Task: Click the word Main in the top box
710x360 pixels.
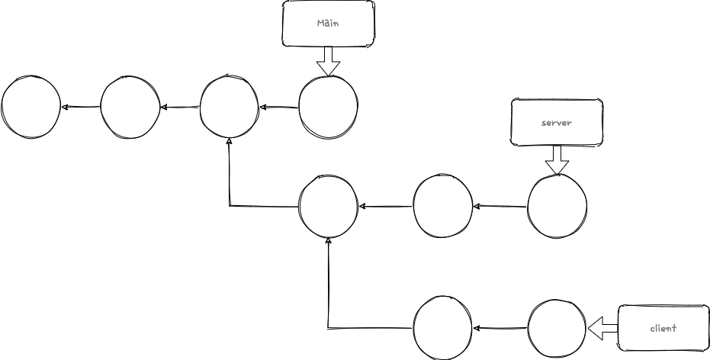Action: pos(328,24)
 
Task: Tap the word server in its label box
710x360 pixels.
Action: pos(556,122)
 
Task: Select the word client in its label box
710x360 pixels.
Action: pos(663,329)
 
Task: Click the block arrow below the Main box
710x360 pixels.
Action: pos(328,60)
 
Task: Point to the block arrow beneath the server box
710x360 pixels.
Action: pos(557,159)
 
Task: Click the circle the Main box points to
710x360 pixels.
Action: pos(328,106)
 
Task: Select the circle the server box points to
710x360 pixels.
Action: pos(557,206)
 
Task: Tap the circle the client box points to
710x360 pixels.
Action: pos(557,329)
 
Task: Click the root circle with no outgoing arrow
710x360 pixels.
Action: pos(31,106)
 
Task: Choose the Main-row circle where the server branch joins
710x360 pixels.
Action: pos(229,106)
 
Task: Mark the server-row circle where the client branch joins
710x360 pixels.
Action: pos(328,206)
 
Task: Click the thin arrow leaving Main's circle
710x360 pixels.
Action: pos(278,107)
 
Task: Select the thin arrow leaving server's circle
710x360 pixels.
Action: pos(500,206)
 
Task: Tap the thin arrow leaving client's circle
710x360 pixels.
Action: pos(500,329)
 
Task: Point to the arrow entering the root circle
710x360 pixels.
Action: pos(81,106)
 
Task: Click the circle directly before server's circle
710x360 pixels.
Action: pos(442,206)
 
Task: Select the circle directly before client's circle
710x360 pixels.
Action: pos(442,329)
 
